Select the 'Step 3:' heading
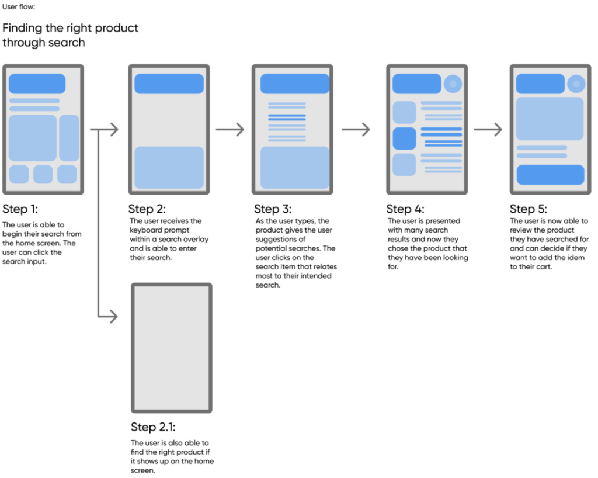point(273,209)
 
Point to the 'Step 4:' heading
point(405,209)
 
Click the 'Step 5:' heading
point(529,209)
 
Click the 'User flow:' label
point(18,7)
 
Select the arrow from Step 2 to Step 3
point(230,130)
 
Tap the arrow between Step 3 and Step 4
point(356,130)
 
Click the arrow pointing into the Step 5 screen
point(488,130)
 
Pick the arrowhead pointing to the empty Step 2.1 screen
point(113,317)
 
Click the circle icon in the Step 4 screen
point(453,84)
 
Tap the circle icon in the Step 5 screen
point(576,84)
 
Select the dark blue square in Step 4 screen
point(404,138)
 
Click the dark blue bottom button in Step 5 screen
point(550,175)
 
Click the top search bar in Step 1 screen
point(43,84)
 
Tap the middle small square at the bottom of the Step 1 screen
point(43,174)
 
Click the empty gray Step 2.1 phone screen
point(171,348)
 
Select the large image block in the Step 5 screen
point(550,119)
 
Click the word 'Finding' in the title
point(25,28)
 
